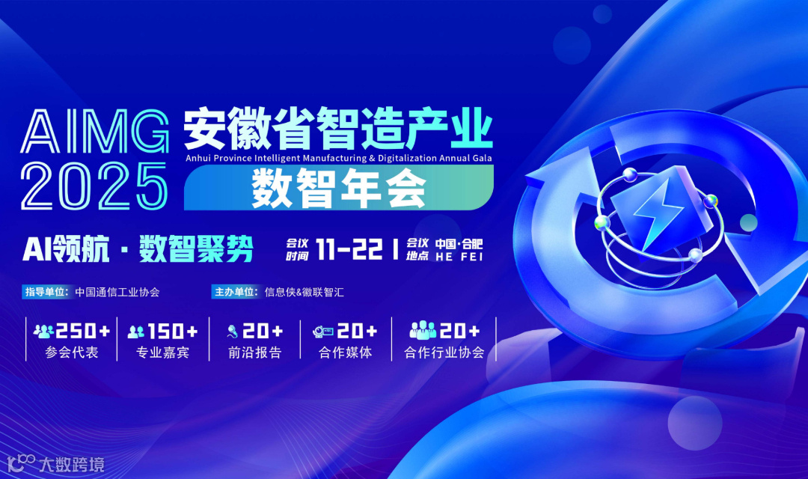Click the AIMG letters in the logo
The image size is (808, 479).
(96, 133)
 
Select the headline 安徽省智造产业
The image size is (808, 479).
(338, 129)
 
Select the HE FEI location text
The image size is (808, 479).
(459, 256)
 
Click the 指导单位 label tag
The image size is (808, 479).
(46, 292)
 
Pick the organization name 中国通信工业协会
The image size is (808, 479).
(117, 292)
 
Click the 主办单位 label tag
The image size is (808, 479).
(234, 292)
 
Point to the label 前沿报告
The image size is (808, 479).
(255, 353)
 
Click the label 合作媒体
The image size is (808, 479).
(345, 353)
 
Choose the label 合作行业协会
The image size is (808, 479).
(444, 353)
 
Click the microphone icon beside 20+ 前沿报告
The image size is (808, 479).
(233, 330)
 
